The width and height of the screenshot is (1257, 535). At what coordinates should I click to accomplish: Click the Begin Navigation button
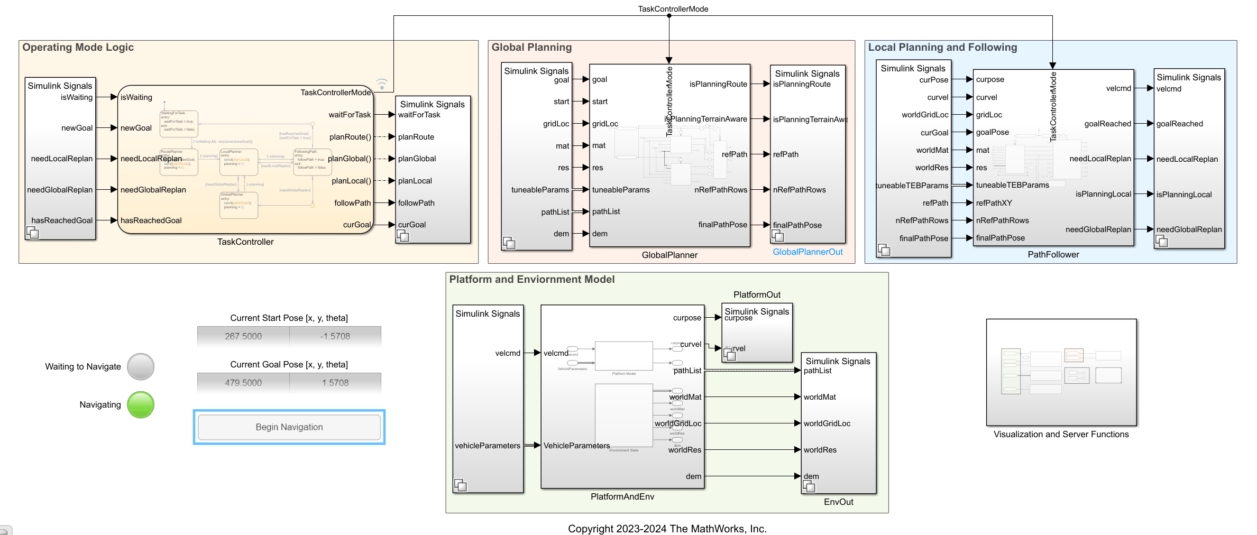click(289, 427)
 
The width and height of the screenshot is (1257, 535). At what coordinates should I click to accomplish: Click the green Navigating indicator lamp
click(141, 404)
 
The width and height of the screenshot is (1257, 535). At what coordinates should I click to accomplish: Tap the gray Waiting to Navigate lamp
click(141, 366)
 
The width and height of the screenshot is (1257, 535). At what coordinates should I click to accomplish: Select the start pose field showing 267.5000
click(243, 336)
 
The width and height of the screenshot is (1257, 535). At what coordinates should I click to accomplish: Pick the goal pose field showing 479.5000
click(243, 383)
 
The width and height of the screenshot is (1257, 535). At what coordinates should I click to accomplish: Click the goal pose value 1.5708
click(335, 383)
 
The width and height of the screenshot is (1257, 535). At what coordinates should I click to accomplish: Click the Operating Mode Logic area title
click(78, 48)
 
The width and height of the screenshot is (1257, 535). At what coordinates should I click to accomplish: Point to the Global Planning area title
click(531, 48)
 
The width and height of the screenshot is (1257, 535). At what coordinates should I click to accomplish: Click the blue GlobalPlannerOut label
click(808, 252)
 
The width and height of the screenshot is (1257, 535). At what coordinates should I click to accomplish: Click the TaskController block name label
click(245, 242)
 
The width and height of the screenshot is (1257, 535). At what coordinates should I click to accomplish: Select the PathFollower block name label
click(1053, 255)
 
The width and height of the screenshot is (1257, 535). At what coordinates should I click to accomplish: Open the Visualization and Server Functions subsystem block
click(1061, 372)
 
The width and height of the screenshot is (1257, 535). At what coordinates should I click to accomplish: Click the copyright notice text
click(667, 529)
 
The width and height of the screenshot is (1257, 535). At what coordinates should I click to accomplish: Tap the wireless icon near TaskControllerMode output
click(382, 84)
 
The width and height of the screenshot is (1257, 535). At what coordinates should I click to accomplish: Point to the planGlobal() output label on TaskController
click(350, 159)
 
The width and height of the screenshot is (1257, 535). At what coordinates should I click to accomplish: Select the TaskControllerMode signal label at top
click(673, 9)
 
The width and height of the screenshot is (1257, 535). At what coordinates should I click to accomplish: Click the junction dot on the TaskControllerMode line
click(669, 16)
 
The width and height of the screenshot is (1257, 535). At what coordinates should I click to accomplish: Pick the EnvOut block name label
click(838, 502)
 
